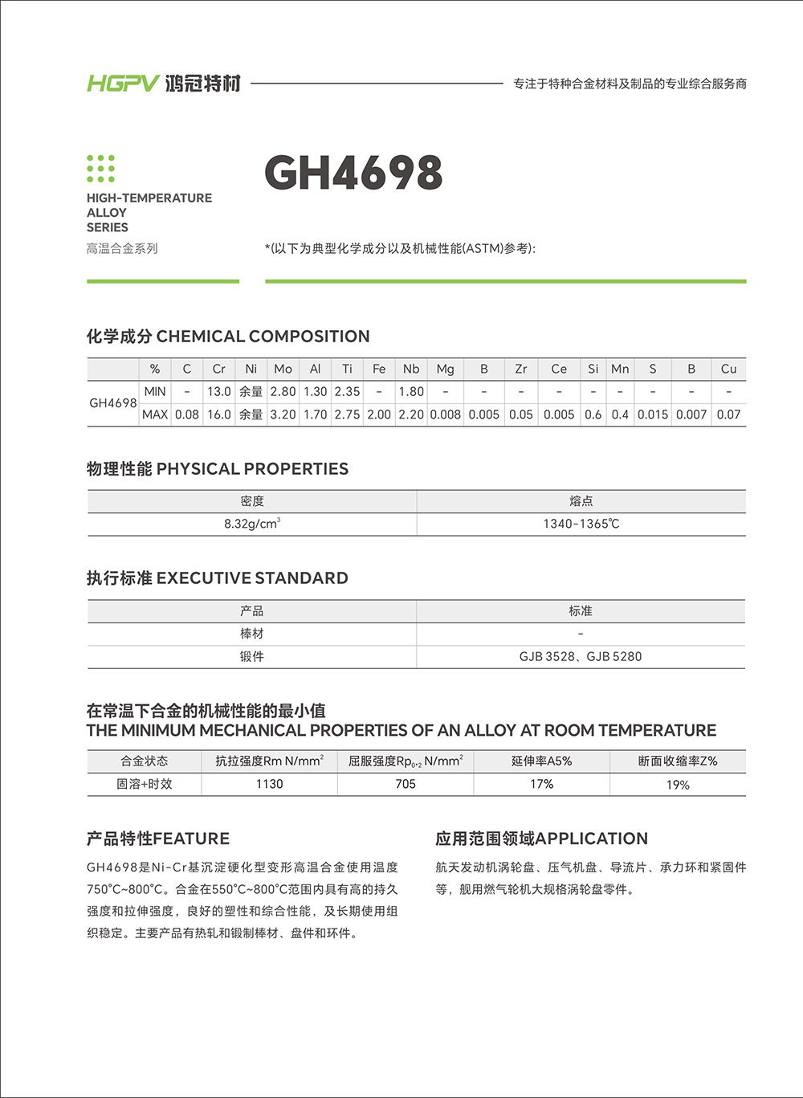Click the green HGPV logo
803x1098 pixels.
[x=123, y=83]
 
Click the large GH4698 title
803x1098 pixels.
[x=353, y=173]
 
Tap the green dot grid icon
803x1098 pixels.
[x=100, y=169]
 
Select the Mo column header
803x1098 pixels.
[x=283, y=369]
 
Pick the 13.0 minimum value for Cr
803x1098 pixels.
[x=219, y=392]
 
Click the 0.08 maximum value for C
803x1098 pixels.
[x=187, y=414]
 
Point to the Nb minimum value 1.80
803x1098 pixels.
[x=411, y=392]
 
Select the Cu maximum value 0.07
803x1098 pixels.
[x=728, y=414]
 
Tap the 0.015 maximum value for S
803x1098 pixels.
[x=653, y=414]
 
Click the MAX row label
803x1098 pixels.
[x=155, y=414]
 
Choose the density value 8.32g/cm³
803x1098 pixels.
[x=252, y=524]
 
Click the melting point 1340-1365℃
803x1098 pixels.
[x=581, y=524]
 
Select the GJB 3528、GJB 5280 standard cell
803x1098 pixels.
[x=581, y=656]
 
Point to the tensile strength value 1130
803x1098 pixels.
[x=269, y=784]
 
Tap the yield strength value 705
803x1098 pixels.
[x=406, y=784]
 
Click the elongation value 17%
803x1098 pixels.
[x=542, y=784]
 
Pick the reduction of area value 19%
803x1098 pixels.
[x=678, y=785]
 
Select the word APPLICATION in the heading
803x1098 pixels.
[x=591, y=839]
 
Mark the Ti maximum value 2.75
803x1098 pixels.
[x=347, y=414]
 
